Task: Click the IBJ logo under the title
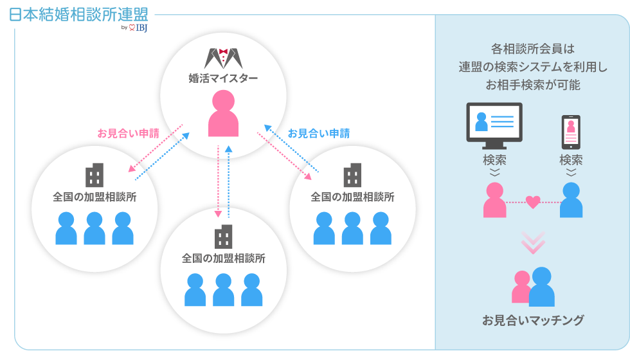[138, 28]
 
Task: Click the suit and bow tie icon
[223, 58]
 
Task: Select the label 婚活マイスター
[223, 78]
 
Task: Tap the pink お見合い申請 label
[129, 134]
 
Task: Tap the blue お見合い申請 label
[319, 134]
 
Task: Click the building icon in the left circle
[94, 175]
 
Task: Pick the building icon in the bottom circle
[223, 237]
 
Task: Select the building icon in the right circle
[352, 175]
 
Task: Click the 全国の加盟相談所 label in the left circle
[94, 197]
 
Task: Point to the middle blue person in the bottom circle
[223, 290]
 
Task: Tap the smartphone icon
[571, 131]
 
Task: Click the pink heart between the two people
[532, 202]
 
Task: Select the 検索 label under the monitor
[494, 159]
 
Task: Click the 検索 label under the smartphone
[571, 159]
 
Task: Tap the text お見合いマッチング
[533, 319]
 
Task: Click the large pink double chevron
[533, 241]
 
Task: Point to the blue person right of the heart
[571, 200]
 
